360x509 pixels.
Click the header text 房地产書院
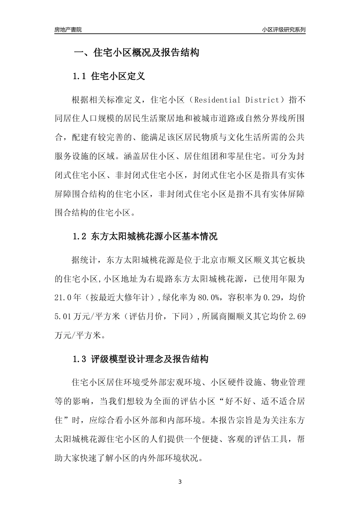(68, 30)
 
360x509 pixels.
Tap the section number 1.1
(80, 77)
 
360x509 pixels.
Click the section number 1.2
(80, 237)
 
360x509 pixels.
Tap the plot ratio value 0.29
(270, 298)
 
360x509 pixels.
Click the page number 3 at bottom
(180, 482)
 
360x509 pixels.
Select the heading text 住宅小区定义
(118, 77)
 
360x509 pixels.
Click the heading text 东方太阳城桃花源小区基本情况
(154, 237)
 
